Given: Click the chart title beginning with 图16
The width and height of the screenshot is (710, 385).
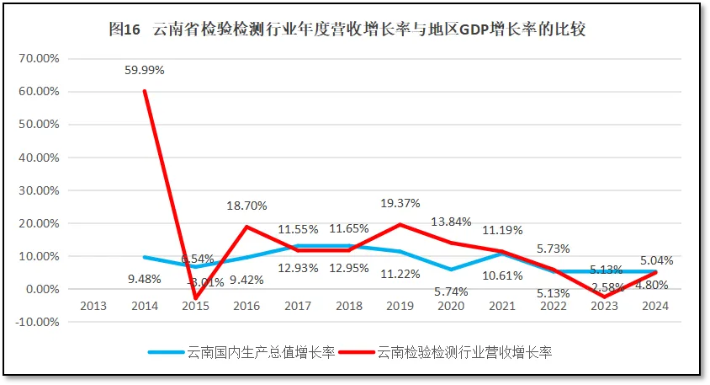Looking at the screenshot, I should (x=347, y=29).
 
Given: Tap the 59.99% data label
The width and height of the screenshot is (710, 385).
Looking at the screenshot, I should (x=145, y=71).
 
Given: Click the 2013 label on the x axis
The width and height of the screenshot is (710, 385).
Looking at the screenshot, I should (x=93, y=306).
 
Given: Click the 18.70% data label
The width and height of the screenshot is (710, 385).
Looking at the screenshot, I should (x=246, y=206).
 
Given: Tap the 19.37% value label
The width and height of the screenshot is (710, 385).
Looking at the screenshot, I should (x=399, y=204).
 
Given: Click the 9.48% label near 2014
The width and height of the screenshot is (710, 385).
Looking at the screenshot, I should (x=145, y=279).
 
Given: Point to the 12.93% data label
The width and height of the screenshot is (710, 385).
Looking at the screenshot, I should (x=297, y=268).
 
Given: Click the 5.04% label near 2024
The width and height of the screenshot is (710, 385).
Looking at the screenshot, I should (x=654, y=261).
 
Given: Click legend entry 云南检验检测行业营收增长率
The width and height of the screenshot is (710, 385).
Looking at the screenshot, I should (x=454, y=351).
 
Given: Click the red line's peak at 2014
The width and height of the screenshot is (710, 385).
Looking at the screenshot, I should (x=145, y=91).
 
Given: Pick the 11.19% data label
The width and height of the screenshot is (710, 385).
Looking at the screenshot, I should (x=502, y=230).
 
